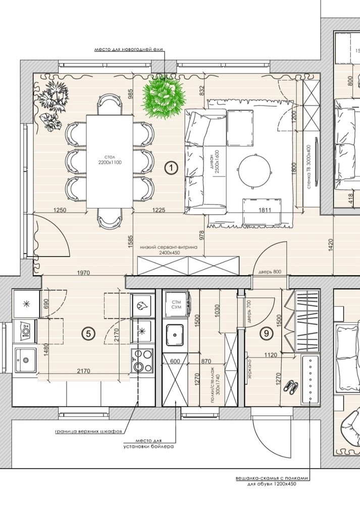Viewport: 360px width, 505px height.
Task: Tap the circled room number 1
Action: click(171, 168)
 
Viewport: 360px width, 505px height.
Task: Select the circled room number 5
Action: click(88, 334)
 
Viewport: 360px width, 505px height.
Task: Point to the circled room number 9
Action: click(266, 333)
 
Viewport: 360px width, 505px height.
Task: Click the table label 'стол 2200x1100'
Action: click(110, 160)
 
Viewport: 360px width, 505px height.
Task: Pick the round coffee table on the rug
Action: click(254, 170)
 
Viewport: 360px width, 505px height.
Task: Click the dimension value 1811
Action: click(265, 210)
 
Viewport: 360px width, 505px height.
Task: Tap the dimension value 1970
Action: click(83, 273)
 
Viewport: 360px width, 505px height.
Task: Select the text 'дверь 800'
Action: click(270, 272)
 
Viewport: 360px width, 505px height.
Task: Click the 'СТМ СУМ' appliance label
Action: click(176, 305)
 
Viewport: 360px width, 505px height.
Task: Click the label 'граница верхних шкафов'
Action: click(88, 432)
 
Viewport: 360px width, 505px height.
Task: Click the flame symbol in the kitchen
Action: click(141, 306)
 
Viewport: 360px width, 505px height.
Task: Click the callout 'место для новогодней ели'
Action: click(128, 49)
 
